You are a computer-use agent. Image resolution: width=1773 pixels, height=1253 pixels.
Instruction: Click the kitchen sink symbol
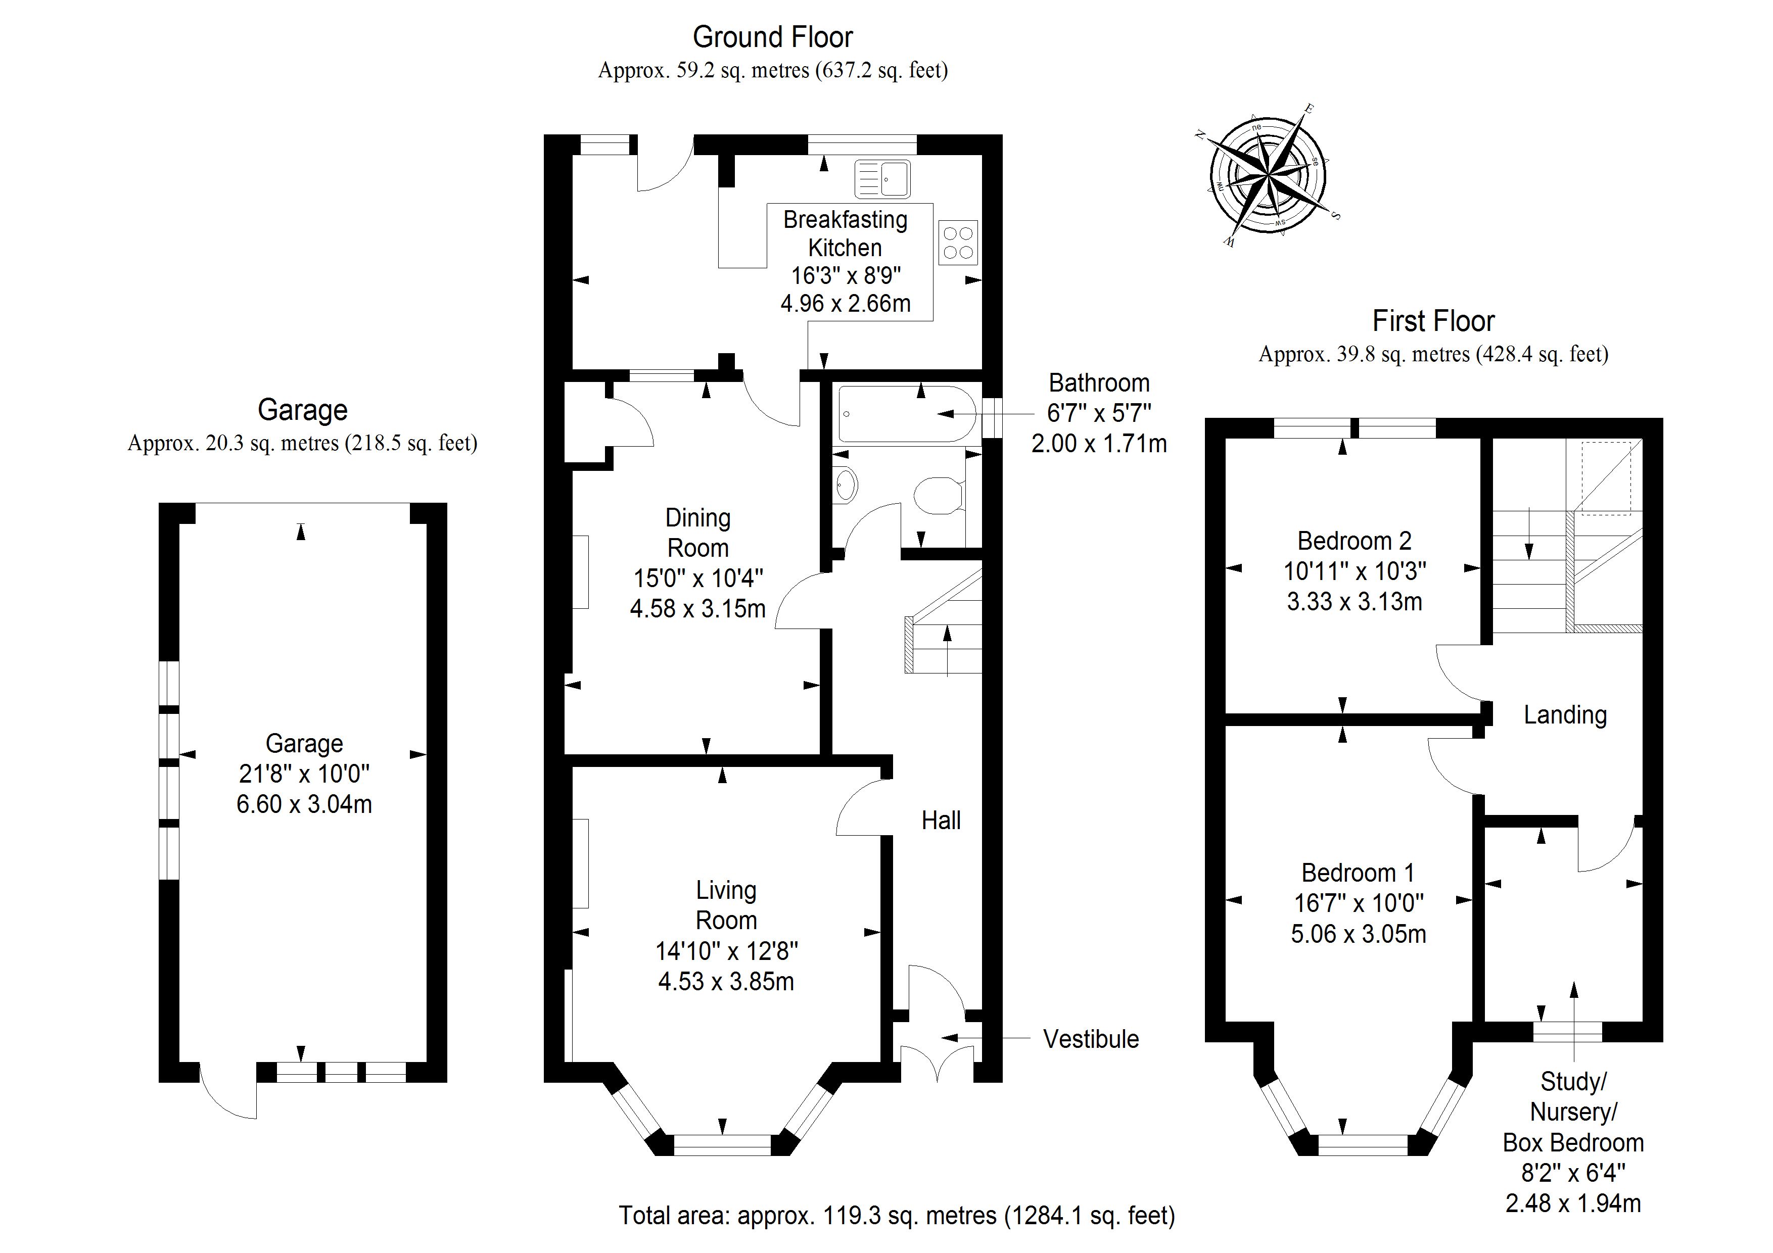(x=882, y=178)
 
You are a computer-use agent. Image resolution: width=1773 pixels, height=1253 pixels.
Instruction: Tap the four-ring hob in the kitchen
(x=958, y=243)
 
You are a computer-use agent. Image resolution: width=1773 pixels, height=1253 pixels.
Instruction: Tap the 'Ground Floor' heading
(x=772, y=37)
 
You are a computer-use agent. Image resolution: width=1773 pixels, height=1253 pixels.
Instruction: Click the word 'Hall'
(x=941, y=820)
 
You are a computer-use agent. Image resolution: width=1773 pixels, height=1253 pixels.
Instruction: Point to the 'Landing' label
(x=1564, y=715)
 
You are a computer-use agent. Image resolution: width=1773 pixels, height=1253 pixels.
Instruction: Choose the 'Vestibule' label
(x=1090, y=1039)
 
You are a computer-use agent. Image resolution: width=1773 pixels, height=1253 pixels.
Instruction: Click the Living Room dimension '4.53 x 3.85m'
(x=726, y=981)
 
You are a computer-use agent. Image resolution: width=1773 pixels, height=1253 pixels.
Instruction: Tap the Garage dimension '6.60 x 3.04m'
(x=304, y=804)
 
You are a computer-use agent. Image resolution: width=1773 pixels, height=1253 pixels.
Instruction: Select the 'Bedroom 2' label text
(x=1355, y=541)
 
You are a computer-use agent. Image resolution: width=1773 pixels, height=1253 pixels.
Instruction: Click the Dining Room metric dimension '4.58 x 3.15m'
(x=697, y=608)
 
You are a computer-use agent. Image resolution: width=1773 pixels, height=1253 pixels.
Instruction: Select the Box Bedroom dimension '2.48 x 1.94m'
(x=1573, y=1203)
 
